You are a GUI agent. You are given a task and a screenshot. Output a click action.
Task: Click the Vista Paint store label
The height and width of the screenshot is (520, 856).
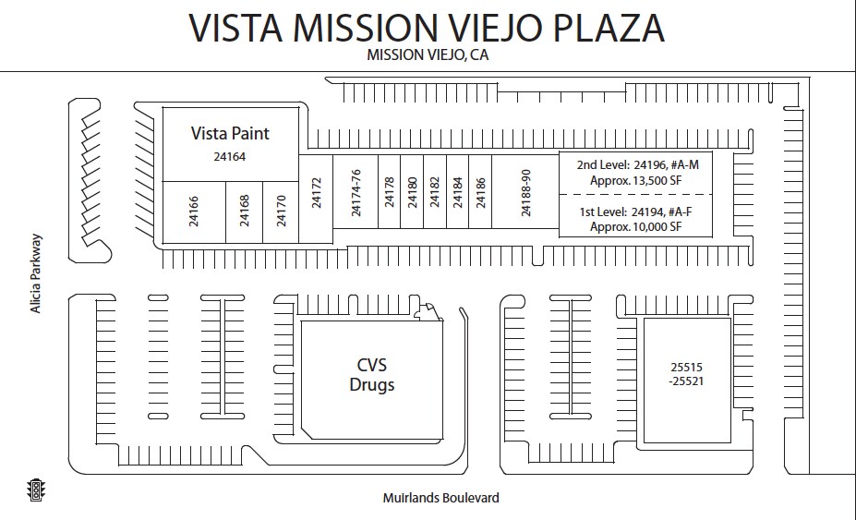coord(230,133)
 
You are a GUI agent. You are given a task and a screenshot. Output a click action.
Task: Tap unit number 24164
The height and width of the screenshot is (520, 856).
coord(229,157)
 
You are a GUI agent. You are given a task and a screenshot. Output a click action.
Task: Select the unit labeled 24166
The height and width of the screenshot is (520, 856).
coord(194,212)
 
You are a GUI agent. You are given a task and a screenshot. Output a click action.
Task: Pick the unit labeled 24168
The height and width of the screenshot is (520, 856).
coord(245,212)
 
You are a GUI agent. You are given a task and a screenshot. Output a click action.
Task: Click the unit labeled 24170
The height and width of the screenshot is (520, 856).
coord(282,212)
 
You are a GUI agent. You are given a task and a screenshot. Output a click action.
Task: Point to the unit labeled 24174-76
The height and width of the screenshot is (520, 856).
coord(356,193)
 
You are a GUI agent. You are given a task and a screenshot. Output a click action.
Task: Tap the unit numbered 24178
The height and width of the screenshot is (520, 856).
coord(389,193)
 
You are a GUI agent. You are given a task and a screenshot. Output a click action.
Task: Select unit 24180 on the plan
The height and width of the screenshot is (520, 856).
coord(412,193)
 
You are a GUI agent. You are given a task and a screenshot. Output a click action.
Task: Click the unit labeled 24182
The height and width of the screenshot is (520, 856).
coord(435,193)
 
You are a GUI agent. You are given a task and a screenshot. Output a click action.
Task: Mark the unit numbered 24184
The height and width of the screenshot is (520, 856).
coord(457,193)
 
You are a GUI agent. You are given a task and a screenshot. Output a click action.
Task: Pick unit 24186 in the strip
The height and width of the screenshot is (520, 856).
coord(480,193)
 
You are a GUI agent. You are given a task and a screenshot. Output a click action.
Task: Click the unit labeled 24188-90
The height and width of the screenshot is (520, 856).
coord(525,193)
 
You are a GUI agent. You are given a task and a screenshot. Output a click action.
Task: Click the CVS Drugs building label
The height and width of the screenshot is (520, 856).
coord(371,374)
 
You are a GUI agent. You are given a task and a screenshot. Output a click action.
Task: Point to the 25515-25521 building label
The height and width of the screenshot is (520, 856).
coord(686,372)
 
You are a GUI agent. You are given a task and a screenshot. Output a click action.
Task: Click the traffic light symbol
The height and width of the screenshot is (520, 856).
coord(37,490)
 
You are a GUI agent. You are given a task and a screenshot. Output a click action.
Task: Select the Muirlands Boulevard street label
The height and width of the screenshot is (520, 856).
coord(440,498)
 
